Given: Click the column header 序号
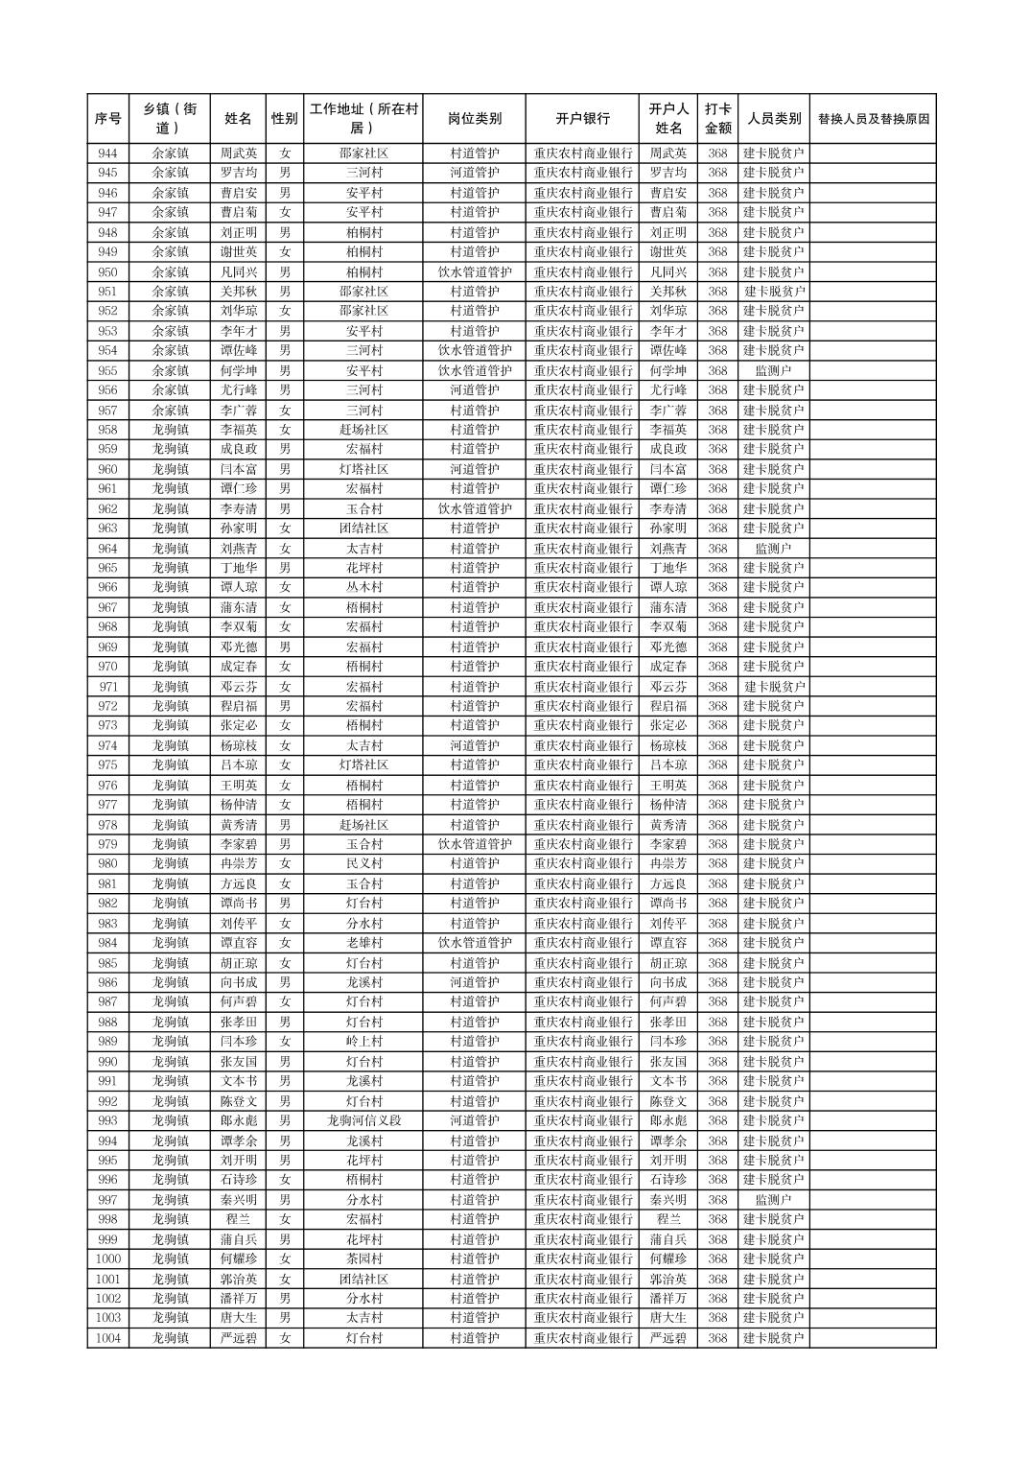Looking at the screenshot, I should (x=107, y=119).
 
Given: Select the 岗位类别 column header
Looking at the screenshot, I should (x=474, y=119).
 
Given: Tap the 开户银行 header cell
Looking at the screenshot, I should (x=582, y=119).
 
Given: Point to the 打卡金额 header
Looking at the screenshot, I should (x=717, y=119).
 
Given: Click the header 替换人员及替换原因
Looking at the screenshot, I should (x=873, y=119).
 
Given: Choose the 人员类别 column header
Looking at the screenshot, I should (x=774, y=119).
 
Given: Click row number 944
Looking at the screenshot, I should (x=107, y=153).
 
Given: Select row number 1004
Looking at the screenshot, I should (x=107, y=1338).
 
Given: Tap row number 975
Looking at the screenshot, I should (x=107, y=765).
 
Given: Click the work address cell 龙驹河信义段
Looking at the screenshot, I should (x=363, y=1120).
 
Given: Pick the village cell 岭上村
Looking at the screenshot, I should (x=363, y=1042).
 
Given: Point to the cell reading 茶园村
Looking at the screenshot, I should (x=363, y=1258).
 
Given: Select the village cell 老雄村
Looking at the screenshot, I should (x=363, y=943).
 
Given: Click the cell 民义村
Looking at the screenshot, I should (x=363, y=864).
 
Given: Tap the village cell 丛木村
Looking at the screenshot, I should (x=363, y=587).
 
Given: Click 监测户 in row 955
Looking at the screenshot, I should (x=774, y=370).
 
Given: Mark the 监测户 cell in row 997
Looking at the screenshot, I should (x=774, y=1200).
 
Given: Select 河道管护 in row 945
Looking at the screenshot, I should (x=474, y=173).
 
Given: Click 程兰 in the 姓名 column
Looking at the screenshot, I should (x=238, y=1219).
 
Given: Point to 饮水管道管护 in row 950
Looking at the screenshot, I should (x=474, y=271).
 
